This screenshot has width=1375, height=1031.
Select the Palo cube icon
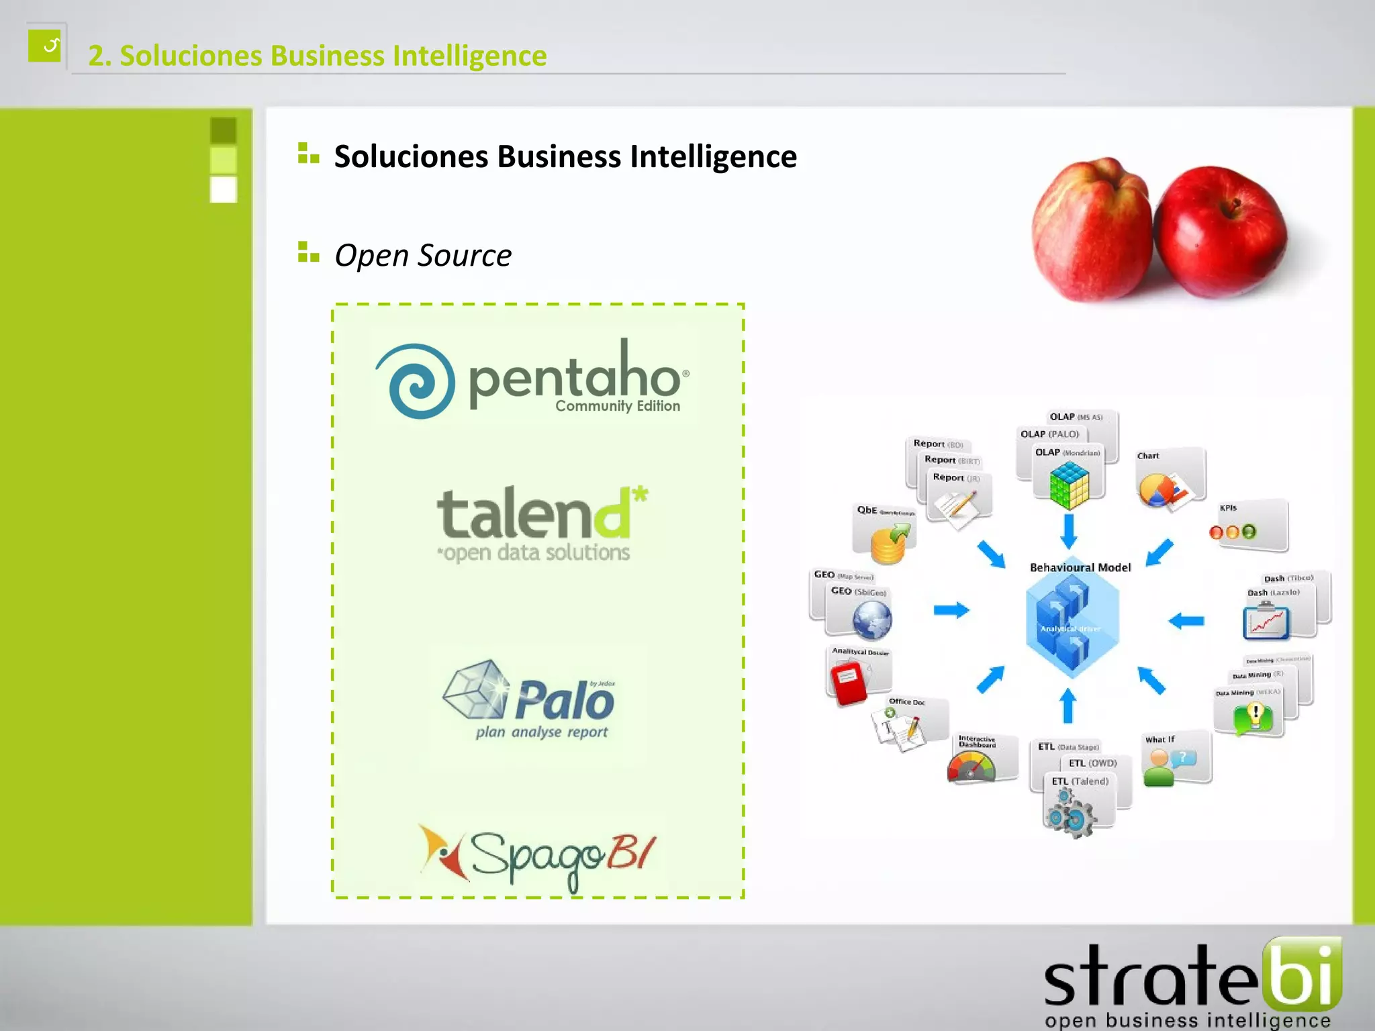click(475, 689)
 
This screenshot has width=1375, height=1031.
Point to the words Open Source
click(423, 256)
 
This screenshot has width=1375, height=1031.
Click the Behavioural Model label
click(1080, 568)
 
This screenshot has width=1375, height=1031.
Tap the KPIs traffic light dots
click(1232, 532)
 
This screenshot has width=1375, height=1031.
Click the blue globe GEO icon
click(871, 619)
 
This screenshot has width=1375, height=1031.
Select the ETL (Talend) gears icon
click(1072, 814)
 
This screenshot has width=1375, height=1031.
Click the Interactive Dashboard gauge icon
click(971, 767)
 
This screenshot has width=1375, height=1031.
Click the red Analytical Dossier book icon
click(849, 682)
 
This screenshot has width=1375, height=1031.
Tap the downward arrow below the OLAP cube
click(1069, 531)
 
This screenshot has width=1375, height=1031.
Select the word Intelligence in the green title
click(469, 56)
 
